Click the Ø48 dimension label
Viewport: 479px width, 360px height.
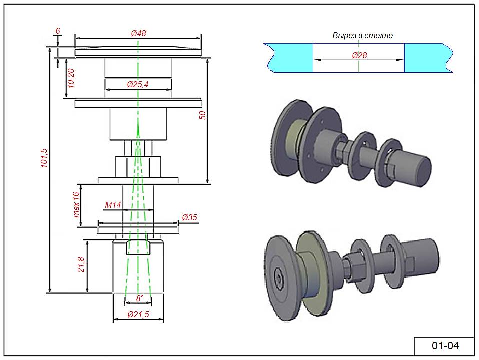click(x=138, y=33)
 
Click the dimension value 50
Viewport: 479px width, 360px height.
click(x=202, y=115)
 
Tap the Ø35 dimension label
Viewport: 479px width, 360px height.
click(x=190, y=217)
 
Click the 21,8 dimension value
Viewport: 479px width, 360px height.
click(x=80, y=265)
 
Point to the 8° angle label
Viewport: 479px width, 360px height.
click(x=140, y=298)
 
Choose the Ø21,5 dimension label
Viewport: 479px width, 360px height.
click(x=138, y=314)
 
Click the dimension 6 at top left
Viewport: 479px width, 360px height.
click(x=58, y=31)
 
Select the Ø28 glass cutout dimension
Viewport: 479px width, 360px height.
click(x=359, y=55)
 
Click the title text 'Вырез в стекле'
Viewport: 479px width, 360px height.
click(x=363, y=36)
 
